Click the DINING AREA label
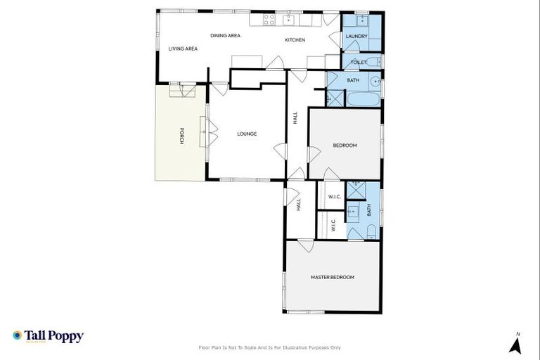tap(226, 35)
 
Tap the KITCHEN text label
tap(295, 40)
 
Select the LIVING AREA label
tap(182, 49)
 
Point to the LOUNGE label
tap(247, 134)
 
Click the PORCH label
tap(181, 136)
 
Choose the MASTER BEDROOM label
tap(332, 277)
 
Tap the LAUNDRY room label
tap(356, 36)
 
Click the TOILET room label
tap(358, 63)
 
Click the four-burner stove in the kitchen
tap(269, 20)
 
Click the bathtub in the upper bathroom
tap(363, 98)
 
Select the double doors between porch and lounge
tap(205, 131)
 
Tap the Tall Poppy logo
tap(48, 336)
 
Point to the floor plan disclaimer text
tap(270, 347)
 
